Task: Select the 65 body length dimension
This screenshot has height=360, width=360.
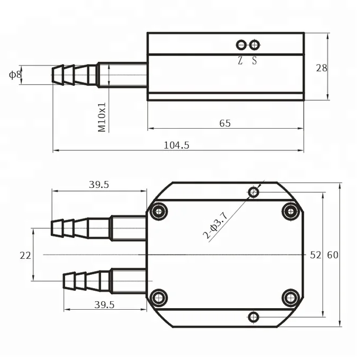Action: [225, 123]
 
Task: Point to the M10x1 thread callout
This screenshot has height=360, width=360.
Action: [103, 117]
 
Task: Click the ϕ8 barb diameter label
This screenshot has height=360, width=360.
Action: [15, 75]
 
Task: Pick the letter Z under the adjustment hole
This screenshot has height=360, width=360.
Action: [240, 60]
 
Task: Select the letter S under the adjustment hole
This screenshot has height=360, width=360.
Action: [255, 60]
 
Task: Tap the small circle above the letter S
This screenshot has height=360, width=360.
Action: [255, 45]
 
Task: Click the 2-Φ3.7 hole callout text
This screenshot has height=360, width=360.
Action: [215, 225]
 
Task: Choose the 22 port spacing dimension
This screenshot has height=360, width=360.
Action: [25, 255]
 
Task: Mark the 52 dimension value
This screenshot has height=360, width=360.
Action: [316, 255]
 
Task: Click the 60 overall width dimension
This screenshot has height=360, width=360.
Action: [332, 255]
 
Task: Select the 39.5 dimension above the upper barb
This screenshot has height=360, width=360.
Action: [98, 185]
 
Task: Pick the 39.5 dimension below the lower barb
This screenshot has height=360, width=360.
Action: [104, 304]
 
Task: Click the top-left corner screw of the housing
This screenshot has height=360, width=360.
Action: [158, 212]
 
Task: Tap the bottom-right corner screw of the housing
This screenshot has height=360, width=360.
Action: [291, 298]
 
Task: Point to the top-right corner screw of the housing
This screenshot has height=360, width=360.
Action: [291, 211]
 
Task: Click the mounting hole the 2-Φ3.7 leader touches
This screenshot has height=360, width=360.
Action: [254, 192]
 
